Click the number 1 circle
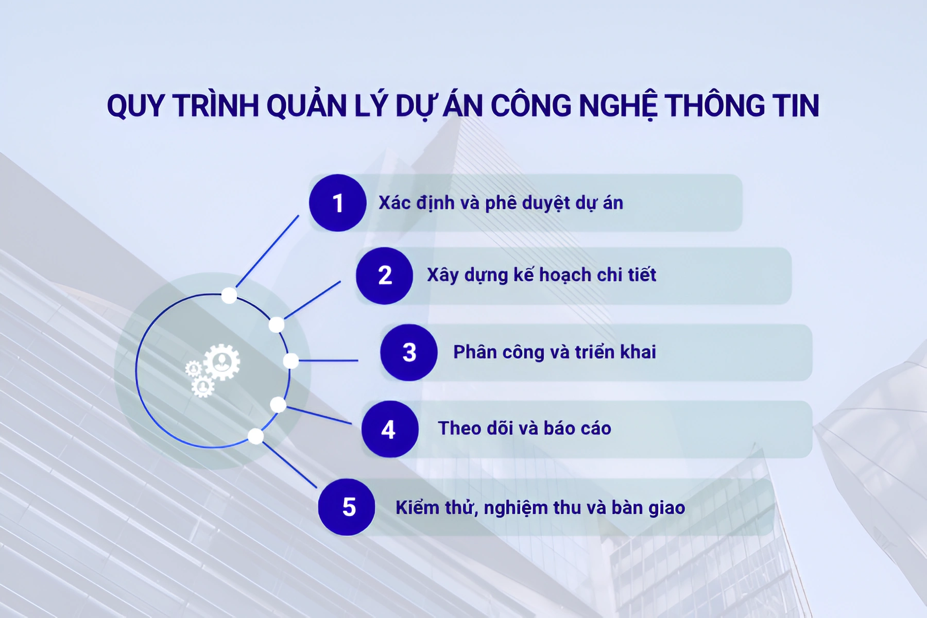coord(338,203)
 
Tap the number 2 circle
coord(384,276)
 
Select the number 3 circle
coord(409,353)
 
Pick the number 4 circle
coord(389,429)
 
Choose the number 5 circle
coord(347,507)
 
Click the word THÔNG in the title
coord(714,106)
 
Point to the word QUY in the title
coord(135,107)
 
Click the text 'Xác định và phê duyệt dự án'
coord(501,203)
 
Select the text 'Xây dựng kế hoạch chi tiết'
coord(541,275)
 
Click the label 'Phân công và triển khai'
coord(554,352)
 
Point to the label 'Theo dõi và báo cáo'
coord(524,428)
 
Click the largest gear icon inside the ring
coord(222,362)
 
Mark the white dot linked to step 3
coord(291,360)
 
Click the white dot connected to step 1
coord(229,296)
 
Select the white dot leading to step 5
coord(255,436)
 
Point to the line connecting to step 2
coord(312,300)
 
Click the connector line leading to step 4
coord(319,415)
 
